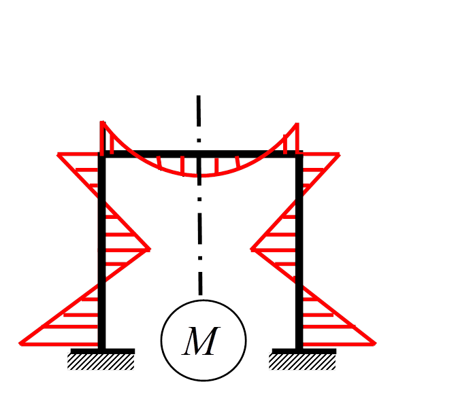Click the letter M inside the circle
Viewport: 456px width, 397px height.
201,342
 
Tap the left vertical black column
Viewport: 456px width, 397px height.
102,272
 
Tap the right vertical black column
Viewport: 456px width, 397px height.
299,272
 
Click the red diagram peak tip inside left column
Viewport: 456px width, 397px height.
149,249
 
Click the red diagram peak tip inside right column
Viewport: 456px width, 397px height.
252,249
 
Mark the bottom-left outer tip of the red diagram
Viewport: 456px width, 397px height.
20,344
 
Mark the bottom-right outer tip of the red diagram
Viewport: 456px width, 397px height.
375,344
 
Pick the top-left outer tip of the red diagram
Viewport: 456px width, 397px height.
59,155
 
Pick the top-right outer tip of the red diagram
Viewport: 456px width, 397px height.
338,155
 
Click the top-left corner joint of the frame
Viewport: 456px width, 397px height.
102,154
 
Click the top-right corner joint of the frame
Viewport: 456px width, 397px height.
299,154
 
